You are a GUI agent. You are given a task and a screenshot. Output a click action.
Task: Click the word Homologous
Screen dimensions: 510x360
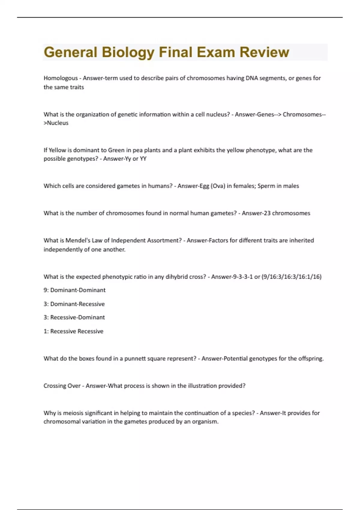tap(61, 78)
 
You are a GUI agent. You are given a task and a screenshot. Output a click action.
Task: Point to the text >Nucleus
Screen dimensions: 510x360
tap(56, 123)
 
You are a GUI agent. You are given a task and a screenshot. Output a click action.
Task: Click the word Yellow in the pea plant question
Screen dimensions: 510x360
tap(57, 150)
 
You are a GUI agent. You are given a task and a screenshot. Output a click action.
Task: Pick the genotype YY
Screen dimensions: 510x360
tap(143, 159)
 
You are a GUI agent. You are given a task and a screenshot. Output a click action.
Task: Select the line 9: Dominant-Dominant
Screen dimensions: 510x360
tap(74, 290)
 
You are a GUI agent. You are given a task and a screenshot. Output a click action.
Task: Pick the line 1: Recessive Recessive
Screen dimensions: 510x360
tap(73, 331)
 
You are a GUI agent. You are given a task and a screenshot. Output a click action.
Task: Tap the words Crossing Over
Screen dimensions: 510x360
tap(62, 386)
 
